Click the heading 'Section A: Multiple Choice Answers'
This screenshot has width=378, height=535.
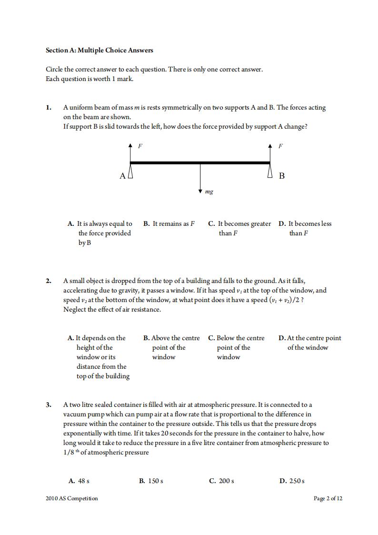pos(99,50)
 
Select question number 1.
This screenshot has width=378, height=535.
pos(48,108)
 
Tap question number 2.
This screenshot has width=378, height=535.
pos(48,281)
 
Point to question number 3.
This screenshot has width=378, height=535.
pos(48,405)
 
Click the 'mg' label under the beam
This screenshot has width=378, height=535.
pos(209,192)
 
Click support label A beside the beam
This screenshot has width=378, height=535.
pos(122,176)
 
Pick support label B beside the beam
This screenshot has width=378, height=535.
pos(281,176)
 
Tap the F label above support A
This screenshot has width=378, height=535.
pos(140,146)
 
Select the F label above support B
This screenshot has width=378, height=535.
pos(280,146)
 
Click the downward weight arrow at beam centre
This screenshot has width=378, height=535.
pos(200,179)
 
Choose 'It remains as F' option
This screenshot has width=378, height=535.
pos(169,224)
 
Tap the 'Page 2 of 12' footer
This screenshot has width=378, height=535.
pos(328,498)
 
